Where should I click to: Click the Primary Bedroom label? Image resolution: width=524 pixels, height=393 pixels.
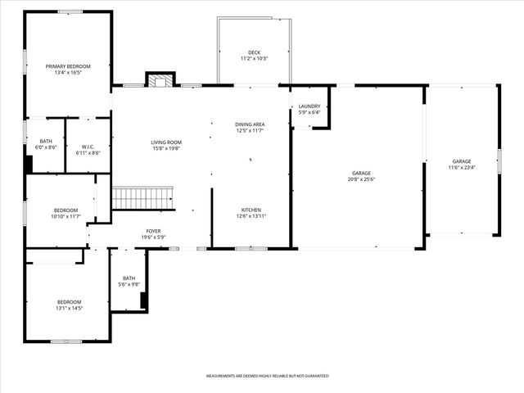[68, 66]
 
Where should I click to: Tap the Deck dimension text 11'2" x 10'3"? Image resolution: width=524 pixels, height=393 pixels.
[255, 59]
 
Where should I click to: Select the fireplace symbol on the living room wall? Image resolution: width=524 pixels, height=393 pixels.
[160, 79]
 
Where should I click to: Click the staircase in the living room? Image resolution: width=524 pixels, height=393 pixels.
[142, 198]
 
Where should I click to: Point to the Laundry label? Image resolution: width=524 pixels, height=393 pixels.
[309, 106]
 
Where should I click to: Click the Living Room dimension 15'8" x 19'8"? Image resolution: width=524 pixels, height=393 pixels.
[165, 148]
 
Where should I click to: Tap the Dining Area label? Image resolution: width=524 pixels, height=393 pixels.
[250, 124]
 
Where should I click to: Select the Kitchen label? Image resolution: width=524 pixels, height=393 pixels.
[251, 210]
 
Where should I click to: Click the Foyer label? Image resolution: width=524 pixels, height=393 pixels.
[154, 232]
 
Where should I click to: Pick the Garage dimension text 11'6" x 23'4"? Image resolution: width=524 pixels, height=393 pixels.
[462, 167]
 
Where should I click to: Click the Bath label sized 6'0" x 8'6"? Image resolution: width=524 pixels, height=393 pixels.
[46, 142]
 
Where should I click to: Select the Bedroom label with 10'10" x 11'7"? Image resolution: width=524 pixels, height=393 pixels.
[65, 210]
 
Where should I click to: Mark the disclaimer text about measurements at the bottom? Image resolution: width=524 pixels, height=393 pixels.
[267, 376]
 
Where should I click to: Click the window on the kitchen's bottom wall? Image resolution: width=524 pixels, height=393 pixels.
[251, 248]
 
